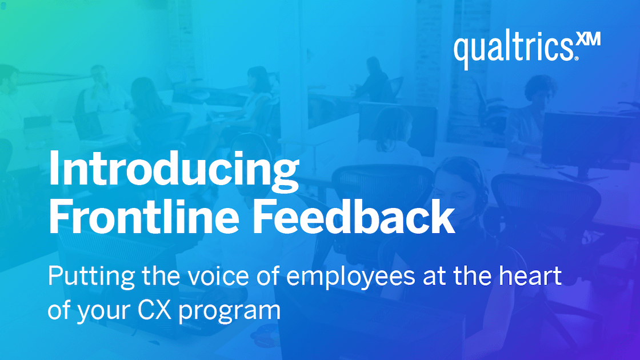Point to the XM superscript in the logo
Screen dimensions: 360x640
589,42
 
